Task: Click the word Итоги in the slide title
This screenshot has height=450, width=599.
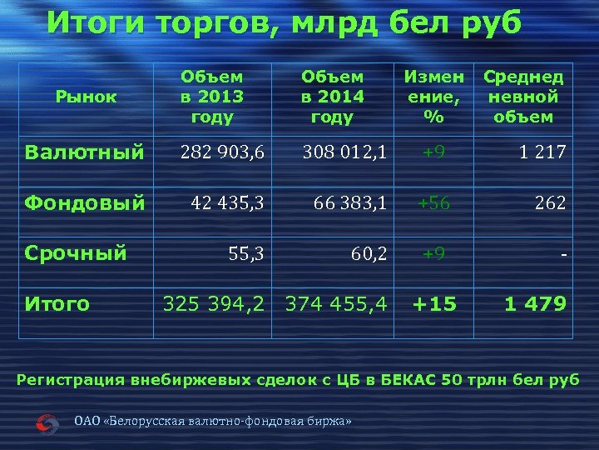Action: [x=92, y=23]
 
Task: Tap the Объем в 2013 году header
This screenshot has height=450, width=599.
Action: [x=212, y=97]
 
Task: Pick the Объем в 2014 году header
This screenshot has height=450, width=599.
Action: [x=332, y=97]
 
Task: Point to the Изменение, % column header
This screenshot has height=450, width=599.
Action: [x=433, y=97]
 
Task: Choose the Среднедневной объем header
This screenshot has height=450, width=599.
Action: [x=523, y=97]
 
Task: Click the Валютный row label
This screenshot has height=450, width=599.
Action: [x=84, y=152]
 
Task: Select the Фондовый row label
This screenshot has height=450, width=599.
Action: [x=85, y=202]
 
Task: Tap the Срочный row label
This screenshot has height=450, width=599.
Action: [x=76, y=252]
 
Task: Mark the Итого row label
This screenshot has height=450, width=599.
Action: [x=57, y=303]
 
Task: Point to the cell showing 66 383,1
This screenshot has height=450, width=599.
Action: [x=349, y=202]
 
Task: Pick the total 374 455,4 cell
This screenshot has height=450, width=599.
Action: [x=336, y=303]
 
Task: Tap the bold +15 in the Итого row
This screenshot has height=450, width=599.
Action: [x=433, y=303]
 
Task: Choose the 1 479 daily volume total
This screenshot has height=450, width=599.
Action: [x=536, y=303]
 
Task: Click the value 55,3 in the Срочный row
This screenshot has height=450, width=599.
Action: [x=246, y=252]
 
